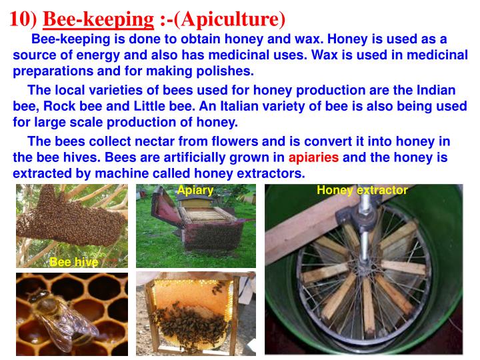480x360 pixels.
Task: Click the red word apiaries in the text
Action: [x=313, y=158]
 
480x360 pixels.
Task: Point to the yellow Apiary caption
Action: [x=195, y=191]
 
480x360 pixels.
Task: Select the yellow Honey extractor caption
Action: [x=362, y=191]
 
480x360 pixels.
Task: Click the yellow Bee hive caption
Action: [x=73, y=263]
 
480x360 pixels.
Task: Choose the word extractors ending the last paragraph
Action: [x=271, y=174]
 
